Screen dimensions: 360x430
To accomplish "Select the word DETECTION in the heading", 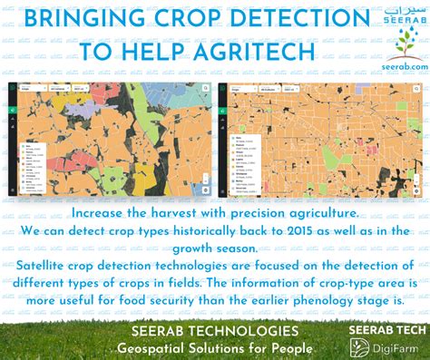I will (x=297, y=19).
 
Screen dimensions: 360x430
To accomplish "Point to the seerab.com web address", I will (x=400, y=70).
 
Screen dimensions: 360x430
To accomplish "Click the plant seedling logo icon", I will (x=400, y=44).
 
